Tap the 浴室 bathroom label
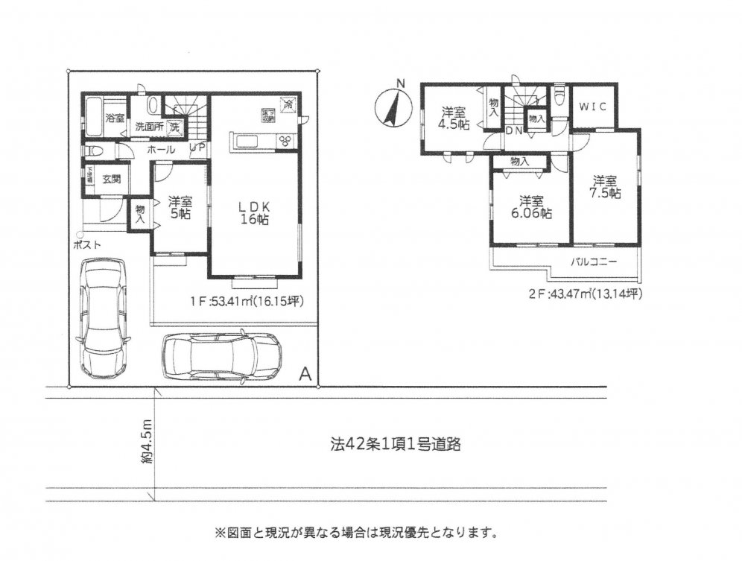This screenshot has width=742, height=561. pyautogui.click(x=114, y=118)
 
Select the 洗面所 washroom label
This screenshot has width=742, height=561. pyautogui.click(x=148, y=127)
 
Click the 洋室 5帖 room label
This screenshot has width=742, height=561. pyautogui.click(x=179, y=206)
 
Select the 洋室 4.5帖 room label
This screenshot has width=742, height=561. pyautogui.click(x=453, y=118)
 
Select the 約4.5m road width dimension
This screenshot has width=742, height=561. pyautogui.click(x=147, y=446)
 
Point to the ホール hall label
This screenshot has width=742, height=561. pyautogui.click(x=161, y=150)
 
